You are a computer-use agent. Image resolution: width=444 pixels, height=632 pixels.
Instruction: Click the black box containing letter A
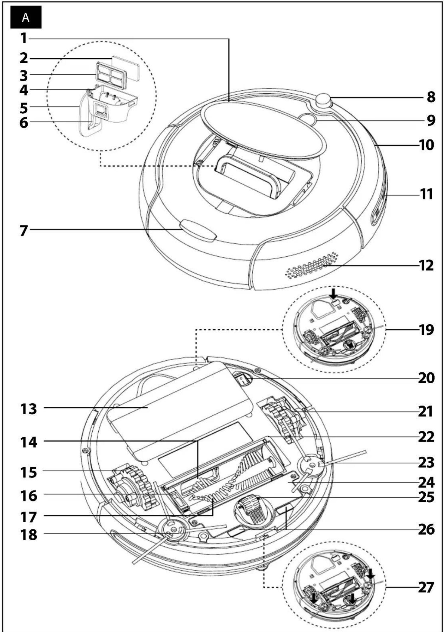(26, 17)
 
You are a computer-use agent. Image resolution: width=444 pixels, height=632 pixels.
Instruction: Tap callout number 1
(23, 38)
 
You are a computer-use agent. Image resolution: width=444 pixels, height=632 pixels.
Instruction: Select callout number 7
(24, 230)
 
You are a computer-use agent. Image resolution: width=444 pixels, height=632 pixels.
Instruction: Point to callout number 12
(426, 265)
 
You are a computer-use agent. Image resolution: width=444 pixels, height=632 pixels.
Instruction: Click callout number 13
(29, 409)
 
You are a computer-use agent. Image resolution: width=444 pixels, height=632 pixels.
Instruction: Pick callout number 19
(426, 330)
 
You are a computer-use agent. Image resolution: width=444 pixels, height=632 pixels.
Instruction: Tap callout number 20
(426, 378)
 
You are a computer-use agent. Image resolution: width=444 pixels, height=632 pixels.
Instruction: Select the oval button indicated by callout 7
(198, 230)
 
